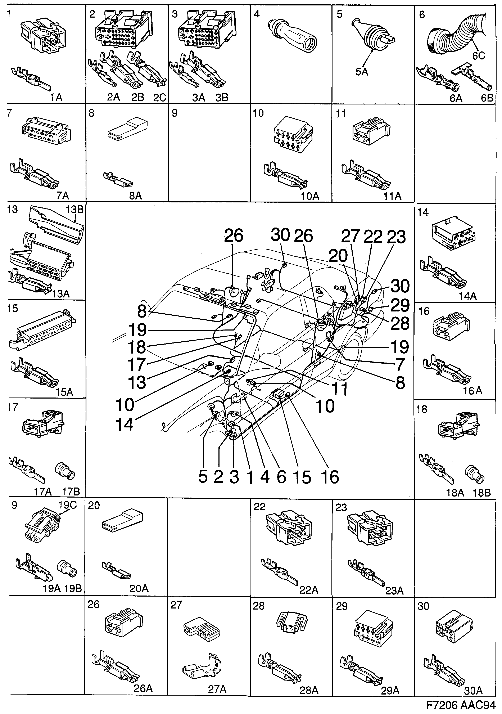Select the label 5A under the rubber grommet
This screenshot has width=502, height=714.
[362, 72]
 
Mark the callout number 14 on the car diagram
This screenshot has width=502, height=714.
[125, 424]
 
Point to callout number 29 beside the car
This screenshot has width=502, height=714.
[400, 305]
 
